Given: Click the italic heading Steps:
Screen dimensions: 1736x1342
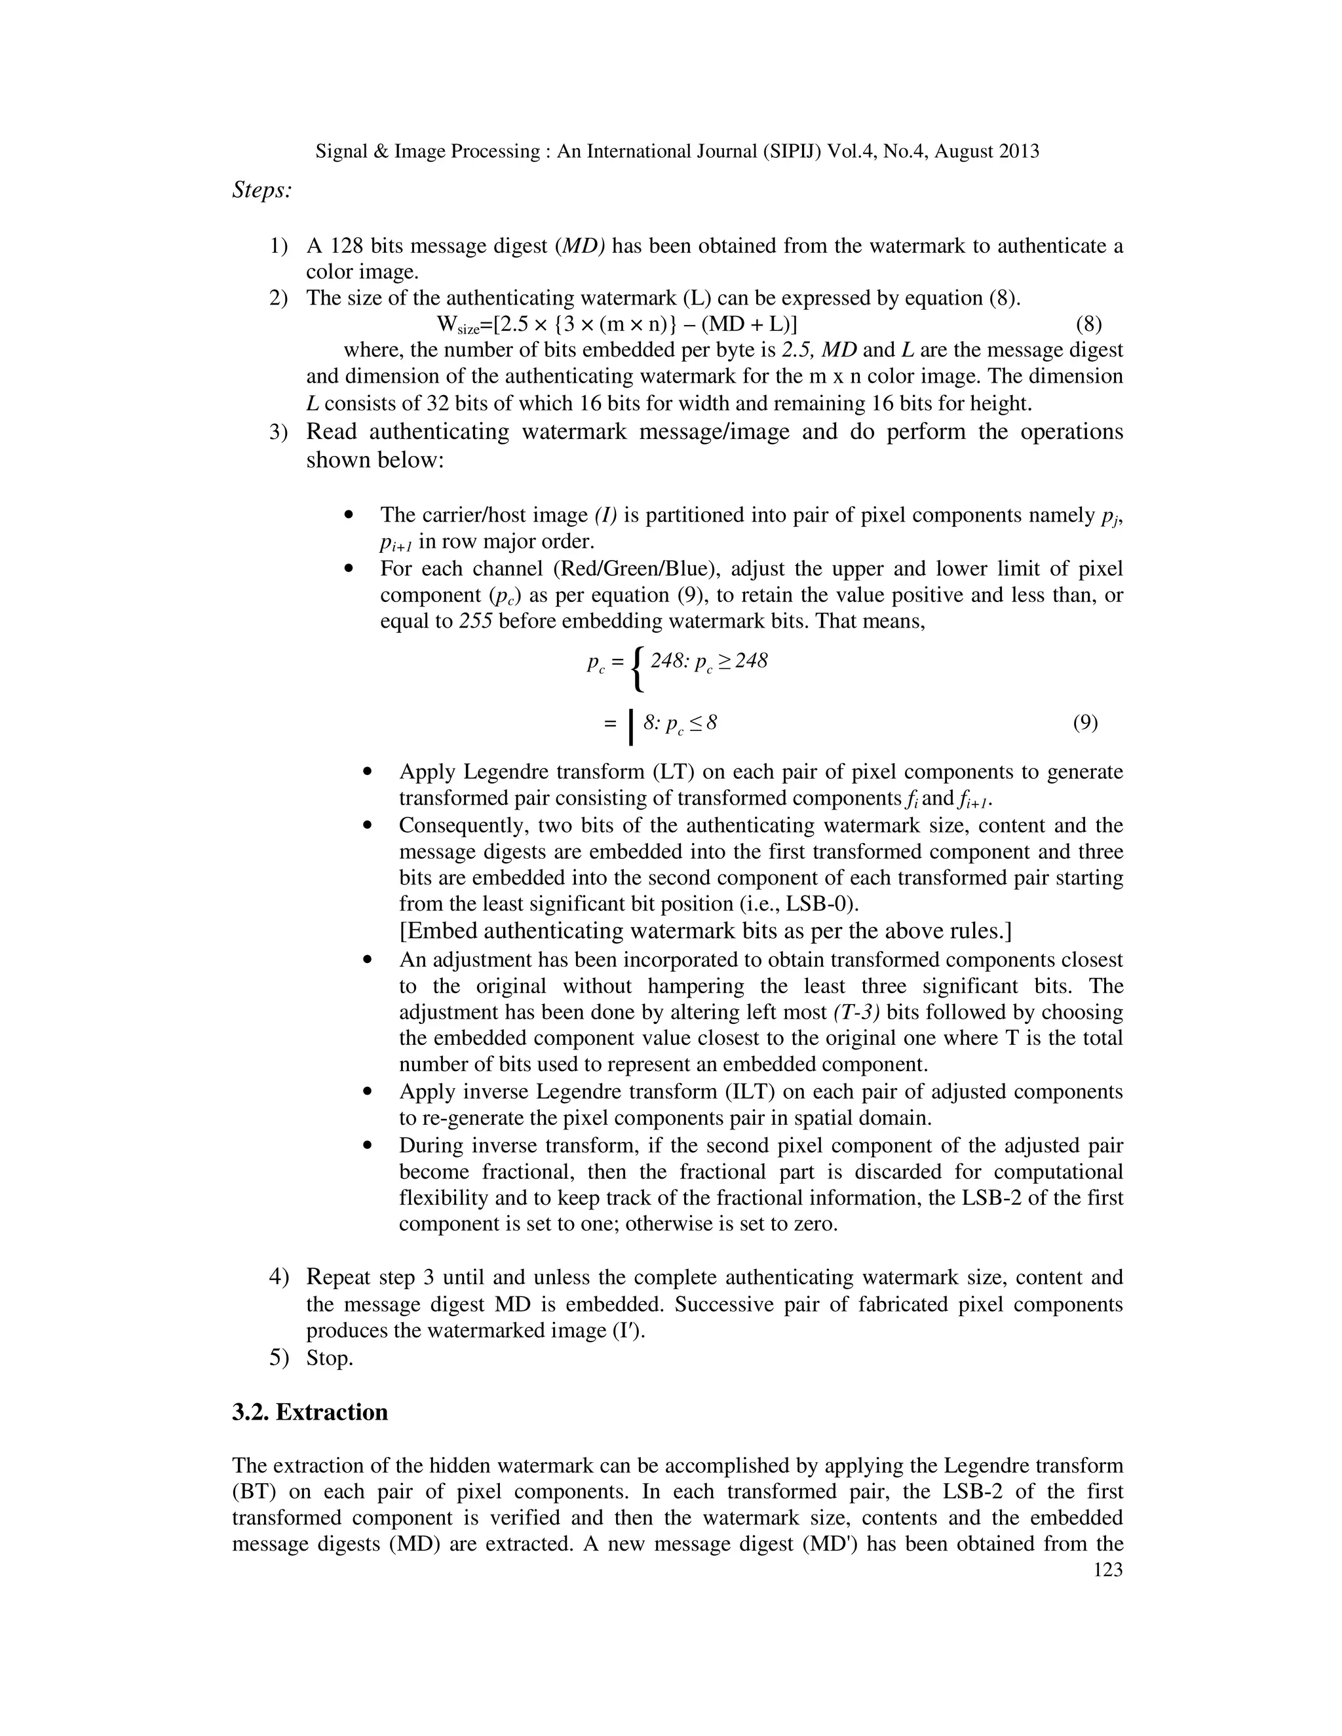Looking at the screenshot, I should (x=261, y=191).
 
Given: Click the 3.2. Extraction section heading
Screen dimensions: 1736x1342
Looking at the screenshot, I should (x=310, y=1412).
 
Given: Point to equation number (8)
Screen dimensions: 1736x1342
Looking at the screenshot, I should (x=1088, y=324).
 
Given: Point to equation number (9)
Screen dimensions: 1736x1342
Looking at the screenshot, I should (x=1085, y=723).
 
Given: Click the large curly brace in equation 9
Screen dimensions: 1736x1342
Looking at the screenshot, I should (x=637, y=668).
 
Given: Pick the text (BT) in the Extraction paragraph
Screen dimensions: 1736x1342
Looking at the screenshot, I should (x=254, y=1492).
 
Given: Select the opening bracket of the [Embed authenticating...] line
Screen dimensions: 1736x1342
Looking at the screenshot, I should (x=403, y=931).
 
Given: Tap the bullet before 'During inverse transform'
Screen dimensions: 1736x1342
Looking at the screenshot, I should (x=368, y=1146).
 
